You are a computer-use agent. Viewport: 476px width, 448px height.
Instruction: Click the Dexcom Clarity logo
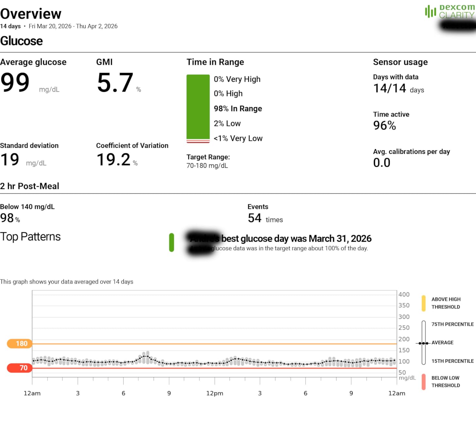point(450,11)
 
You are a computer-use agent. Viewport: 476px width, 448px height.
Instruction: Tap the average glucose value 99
point(15,82)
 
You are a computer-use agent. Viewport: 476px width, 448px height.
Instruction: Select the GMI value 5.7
point(115,82)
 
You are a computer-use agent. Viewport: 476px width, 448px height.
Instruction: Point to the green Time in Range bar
point(198,107)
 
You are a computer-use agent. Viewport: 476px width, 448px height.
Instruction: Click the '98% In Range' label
point(238,109)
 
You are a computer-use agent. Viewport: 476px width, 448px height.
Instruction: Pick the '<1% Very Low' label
point(238,138)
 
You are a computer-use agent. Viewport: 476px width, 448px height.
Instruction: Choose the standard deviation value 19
point(10,160)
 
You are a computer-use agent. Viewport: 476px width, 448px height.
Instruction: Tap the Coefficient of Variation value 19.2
point(113,160)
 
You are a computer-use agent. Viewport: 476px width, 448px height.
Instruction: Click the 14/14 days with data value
point(389,88)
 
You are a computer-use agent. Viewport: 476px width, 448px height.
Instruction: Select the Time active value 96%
point(384,126)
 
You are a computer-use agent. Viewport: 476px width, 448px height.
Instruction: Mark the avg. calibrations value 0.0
point(382,163)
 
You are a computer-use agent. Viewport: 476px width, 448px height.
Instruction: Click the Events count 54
point(254,218)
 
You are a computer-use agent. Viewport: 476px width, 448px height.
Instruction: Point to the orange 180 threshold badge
point(20,343)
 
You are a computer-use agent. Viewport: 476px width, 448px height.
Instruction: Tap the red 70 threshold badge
point(20,368)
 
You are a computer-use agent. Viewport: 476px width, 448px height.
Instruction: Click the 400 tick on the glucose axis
point(404,294)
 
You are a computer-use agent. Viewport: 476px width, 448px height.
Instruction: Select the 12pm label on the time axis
point(214,393)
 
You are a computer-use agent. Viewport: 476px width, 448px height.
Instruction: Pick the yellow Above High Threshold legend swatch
point(423,303)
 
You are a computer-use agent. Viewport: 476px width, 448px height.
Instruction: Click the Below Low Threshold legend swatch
point(423,382)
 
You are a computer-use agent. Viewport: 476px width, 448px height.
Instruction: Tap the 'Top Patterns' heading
point(30,237)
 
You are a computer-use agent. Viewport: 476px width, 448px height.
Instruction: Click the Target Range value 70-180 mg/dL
point(207,166)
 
